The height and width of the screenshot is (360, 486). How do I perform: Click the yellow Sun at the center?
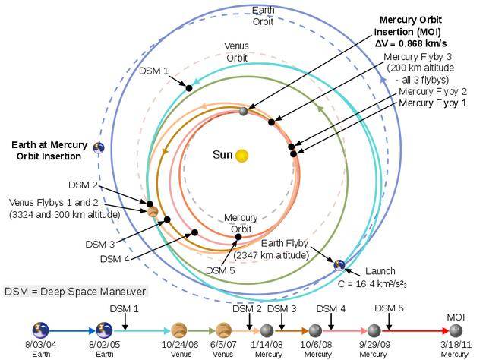[x=241, y=156]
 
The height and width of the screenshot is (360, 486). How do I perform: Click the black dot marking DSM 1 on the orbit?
[x=189, y=88]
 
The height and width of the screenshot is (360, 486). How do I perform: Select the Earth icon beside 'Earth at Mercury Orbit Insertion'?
[x=98, y=148]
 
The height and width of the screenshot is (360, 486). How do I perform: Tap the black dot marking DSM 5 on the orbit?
[x=238, y=237]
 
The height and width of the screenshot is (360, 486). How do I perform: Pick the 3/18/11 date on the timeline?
[x=456, y=346]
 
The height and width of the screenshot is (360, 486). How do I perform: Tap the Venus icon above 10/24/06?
[x=179, y=330]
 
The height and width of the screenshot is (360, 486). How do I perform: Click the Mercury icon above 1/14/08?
[x=267, y=330]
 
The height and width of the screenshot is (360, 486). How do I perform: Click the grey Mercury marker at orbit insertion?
[x=244, y=111]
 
